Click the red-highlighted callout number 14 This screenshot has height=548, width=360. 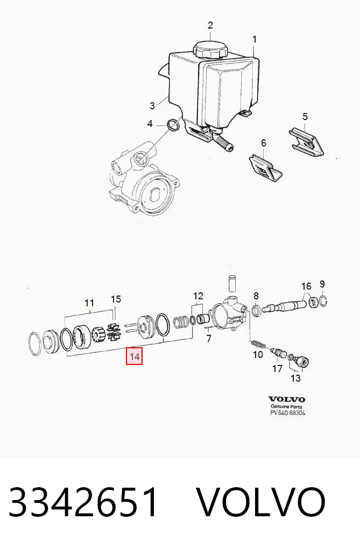pos(134,356)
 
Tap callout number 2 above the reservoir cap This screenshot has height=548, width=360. pos(210,25)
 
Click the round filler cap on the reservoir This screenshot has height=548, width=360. pos(210,50)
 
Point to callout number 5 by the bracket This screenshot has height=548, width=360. pos(305,116)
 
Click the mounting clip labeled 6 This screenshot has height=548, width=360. pos(266,168)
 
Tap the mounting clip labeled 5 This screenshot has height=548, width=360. pos(307,142)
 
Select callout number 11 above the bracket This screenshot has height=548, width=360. pos(89,303)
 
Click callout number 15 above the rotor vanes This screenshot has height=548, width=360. pos(116,299)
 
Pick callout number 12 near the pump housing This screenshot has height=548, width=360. pos(198,296)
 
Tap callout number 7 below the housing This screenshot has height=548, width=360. pos(209,338)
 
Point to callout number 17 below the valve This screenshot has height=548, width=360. pos(277,368)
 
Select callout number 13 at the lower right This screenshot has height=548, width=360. pos(295,378)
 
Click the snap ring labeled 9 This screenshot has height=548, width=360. pos(323,300)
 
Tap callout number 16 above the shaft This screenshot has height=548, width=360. pos(306,286)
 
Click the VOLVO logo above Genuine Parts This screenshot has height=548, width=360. pos(287,399)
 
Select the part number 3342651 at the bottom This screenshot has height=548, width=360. pos(83,502)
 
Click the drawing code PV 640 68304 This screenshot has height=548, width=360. pos(288,413)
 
